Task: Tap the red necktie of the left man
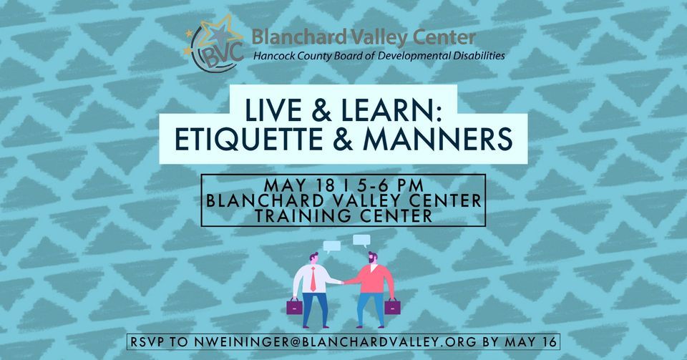(312, 280)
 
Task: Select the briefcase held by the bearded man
(391, 307)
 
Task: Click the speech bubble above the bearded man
(361, 241)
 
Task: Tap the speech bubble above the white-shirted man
(331, 247)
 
